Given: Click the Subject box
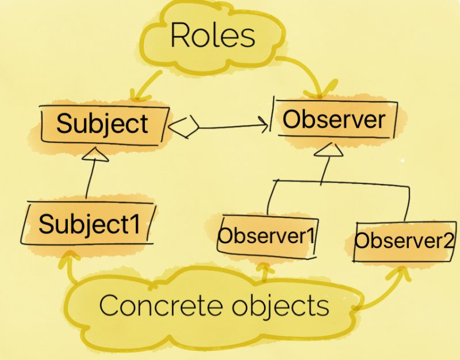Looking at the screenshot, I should tap(102, 123).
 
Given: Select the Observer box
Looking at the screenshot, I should tap(334, 120).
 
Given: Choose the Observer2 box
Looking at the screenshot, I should tap(403, 240).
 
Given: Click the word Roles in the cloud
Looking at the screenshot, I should tap(212, 36).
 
